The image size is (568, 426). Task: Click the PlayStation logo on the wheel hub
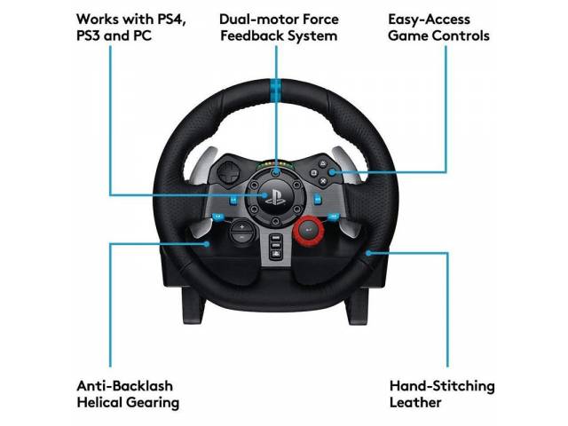[x=275, y=198]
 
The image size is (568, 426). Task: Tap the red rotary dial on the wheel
[x=308, y=230]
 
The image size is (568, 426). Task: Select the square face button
[x=313, y=173]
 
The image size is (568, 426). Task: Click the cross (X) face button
[x=323, y=181]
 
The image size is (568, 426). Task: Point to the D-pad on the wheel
[x=228, y=173]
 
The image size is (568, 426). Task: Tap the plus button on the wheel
[x=242, y=227]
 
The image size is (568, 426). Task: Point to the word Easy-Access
[x=429, y=20]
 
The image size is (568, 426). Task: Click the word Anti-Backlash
[x=124, y=386]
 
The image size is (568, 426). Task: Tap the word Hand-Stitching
[x=442, y=386]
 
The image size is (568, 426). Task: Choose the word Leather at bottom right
[x=415, y=402]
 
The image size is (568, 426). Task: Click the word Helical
[x=99, y=402]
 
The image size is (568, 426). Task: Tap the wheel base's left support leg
[x=193, y=304]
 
